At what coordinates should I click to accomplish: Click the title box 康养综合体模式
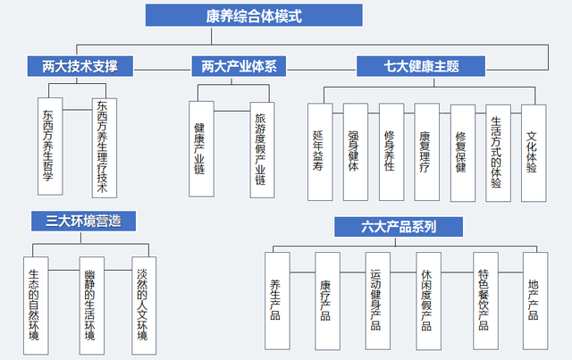click(254, 15)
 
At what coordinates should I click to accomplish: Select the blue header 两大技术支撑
click(80, 66)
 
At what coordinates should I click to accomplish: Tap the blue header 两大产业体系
click(239, 66)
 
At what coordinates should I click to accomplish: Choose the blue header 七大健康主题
click(421, 66)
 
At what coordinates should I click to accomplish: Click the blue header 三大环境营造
click(83, 221)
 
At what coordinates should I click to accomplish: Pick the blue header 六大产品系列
click(399, 227)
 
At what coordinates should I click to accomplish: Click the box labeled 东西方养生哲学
click(50, 147)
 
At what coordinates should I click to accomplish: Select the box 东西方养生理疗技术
click(105, 148)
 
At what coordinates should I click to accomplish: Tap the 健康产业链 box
click(201, 149)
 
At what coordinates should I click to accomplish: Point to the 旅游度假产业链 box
click(262, 150)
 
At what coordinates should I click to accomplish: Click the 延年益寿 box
click(320, 152)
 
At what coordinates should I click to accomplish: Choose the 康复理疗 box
click(427, 152)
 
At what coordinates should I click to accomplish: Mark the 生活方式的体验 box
click(499, 153)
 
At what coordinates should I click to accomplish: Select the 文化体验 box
click(534, 153)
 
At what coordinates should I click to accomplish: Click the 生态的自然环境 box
click(36, 306)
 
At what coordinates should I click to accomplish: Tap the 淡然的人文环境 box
click(144, 306)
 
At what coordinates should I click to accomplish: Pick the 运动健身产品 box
click(378, 301)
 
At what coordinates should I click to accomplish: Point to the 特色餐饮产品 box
click(485, 301)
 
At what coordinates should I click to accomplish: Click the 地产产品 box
click(535, 301)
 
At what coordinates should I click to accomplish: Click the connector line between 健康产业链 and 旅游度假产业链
click(232, 111)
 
